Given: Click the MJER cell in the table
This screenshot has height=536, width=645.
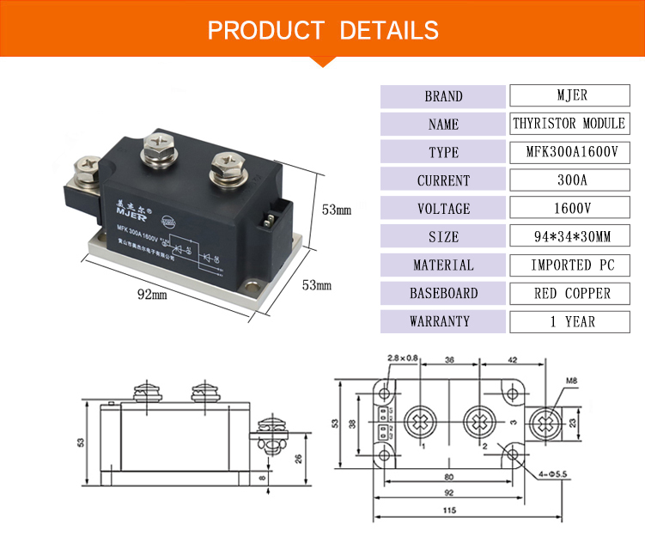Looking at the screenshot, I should (569, 95).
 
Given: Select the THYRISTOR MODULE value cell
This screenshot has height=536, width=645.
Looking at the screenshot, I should (569, 124).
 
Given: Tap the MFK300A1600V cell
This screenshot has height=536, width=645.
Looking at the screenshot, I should (569, 152).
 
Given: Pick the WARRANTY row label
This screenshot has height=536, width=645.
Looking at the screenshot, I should (443, 321).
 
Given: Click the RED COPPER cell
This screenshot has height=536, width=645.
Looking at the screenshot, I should (569, 293).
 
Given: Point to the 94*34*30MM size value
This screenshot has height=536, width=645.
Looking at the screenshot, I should (569, 236).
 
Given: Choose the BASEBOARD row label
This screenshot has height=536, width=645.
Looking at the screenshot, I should (443, 293).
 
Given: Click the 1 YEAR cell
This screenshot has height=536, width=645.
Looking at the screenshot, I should (569, 321).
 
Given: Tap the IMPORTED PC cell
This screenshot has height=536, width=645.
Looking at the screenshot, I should (569, 265).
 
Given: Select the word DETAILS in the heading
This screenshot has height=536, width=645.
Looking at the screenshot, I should (389, 31).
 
